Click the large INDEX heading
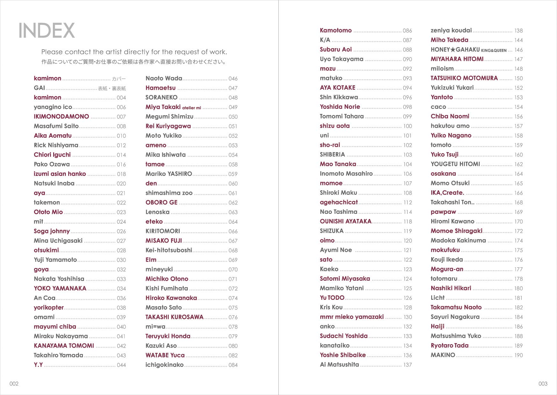(46, 31)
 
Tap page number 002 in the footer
(14, 384)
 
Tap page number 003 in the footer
(543, 384)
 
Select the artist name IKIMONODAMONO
(61, 116)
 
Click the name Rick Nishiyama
(56, 145)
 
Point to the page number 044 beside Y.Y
(121, 365)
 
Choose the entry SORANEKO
(161, 97)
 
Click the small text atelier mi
(191, 108)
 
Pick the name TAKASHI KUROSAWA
(174, 317)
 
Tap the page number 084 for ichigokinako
(233, 365)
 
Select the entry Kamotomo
(336, 31)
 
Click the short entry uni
(324, 136)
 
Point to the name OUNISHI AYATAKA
(346, 222)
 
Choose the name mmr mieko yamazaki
(352, 317)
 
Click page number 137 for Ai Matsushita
(407, 365)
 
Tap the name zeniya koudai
(451, 31)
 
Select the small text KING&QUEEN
(494, 50)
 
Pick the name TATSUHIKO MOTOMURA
(464, 78)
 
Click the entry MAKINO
(443, 355)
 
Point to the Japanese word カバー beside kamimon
(119, 79)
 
